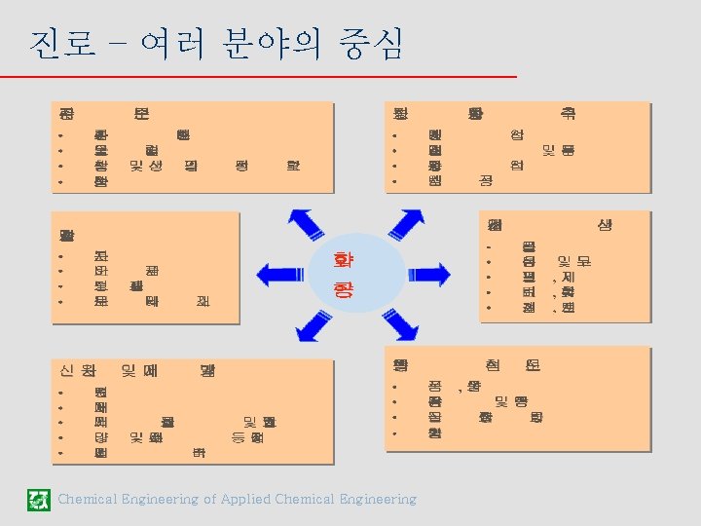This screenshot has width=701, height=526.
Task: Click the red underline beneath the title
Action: (x=273, y=76)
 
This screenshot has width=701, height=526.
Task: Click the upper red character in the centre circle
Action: (x=344, y=261)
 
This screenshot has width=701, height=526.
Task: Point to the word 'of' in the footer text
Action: (x=209, y=500)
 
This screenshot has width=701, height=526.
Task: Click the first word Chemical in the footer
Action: (x=89, y=500)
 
